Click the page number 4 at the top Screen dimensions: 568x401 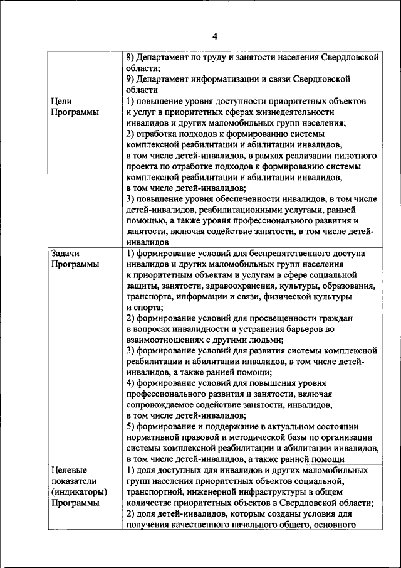pyautogui.click(x=214, y=36)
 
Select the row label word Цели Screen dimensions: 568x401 pyautogui.click(x=62, y=101)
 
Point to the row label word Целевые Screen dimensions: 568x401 pyautogui.click(x=68, y=470)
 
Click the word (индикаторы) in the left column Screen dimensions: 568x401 pyautogui.click(x=77, y=491)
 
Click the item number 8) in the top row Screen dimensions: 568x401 pyautogui.click(x=130, y=57)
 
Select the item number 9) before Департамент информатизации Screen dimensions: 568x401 pyautogui.click(x=130, y=79)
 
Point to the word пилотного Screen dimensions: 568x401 pyautogui.click(x=353, y=166)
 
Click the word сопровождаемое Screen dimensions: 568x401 pyautogui.click(x=160, y=405)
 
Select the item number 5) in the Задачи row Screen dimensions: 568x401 pyautogui.click(x=130, y=426)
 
